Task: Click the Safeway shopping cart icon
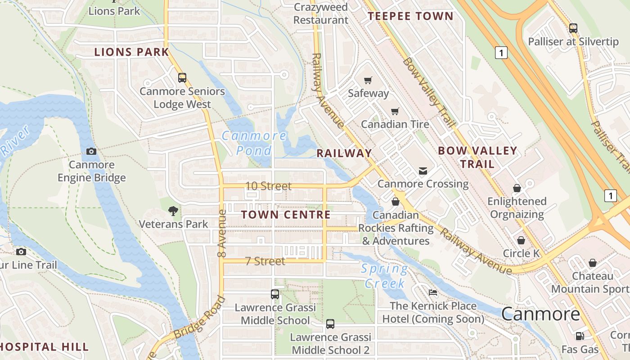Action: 368,81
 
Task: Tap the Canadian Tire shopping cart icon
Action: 395,111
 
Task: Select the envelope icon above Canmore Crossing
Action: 423,171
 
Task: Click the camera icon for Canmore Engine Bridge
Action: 91,152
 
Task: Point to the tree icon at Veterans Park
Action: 173,211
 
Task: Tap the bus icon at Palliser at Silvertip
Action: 573,28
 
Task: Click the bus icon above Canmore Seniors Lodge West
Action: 182,78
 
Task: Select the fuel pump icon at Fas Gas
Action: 580,336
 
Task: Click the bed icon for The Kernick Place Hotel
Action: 433,292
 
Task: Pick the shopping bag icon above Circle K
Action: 521,240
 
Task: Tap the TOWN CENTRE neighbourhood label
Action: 286,215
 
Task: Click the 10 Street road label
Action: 269,186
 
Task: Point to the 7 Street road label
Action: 265,261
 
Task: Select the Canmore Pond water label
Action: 254,143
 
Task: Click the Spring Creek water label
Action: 385,276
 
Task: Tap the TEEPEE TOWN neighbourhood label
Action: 410,17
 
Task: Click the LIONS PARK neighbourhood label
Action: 131,52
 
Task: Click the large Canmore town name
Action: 540,314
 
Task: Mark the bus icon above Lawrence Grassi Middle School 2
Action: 330,324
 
